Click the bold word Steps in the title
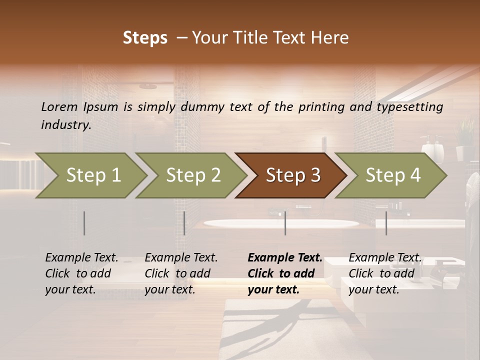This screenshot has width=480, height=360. coord(145,38)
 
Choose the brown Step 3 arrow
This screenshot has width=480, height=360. coord(293,175)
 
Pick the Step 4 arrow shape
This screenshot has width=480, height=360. coord(393,175)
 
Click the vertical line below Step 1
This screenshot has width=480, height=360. coord(84,223)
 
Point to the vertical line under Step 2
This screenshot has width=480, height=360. coord(184,223)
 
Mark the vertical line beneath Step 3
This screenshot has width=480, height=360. coord(285,223)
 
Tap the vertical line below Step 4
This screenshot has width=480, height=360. coord(386,223)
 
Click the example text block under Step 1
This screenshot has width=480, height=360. coord(81,273)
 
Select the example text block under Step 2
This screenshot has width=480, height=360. coord(181,273)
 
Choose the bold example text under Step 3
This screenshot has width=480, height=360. coord(284,273)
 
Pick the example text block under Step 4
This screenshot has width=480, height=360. coord(384,273)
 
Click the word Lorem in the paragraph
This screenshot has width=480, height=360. coord(59,106)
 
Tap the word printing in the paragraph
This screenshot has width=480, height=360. coord(320,106)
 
